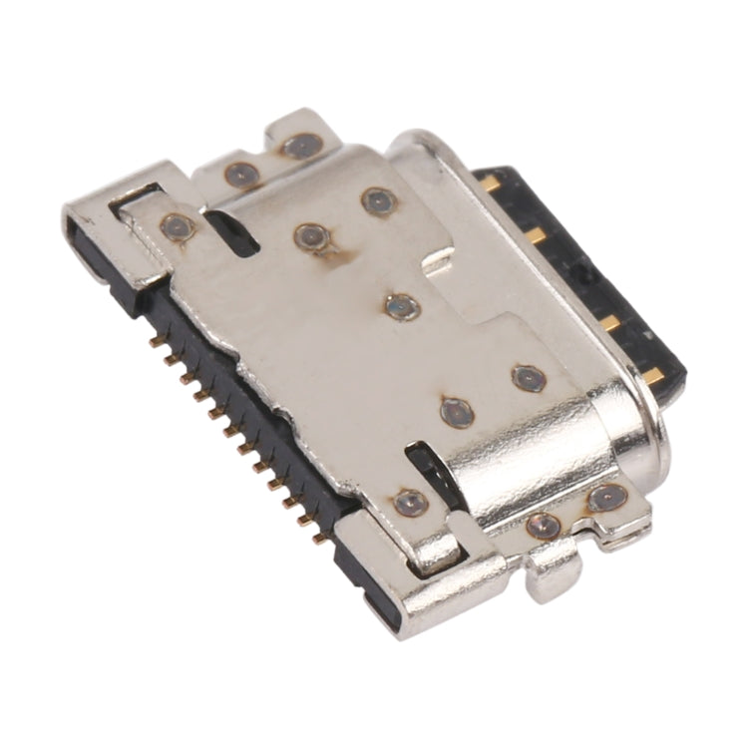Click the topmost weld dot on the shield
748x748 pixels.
[x=300, y=147]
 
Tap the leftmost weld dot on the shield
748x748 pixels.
[x=177, y=226]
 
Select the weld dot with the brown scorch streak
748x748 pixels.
[x=310, y=236]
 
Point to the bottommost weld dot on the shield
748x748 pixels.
[x=544, y=525]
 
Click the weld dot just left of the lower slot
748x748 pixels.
[x=410, y=502]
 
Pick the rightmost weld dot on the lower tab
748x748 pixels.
[x=604, y=497]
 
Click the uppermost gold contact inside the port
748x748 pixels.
[x=491, y=183]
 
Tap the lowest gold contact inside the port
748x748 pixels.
[x=653, y=375]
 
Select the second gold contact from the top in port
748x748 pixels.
[x=537, y=235]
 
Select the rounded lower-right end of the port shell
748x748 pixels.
[x=638, y=439]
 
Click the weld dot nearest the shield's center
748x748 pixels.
[x=402, y=304]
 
